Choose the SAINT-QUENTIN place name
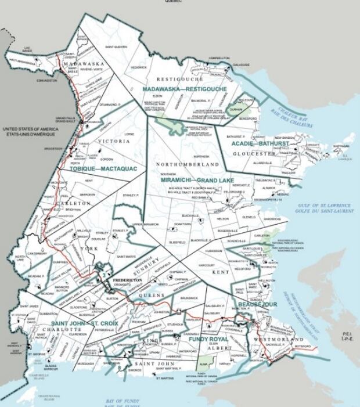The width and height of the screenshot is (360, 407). pos(116,46)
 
